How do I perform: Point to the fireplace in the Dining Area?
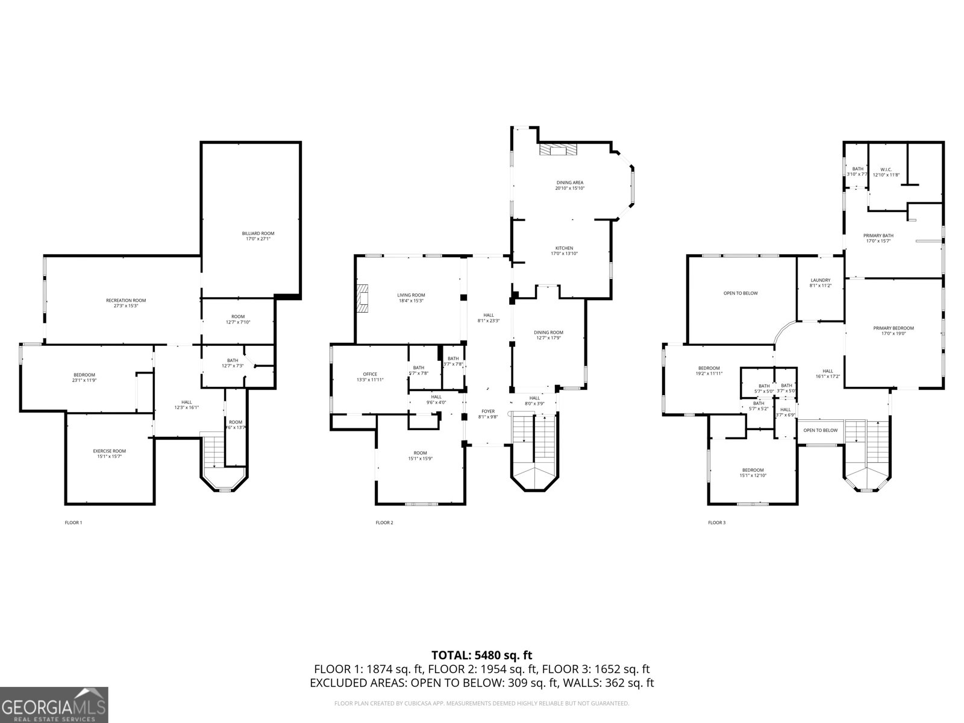tap(557, 149)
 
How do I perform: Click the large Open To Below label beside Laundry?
tap(740, 293)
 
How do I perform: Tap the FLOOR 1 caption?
tap(73, 522)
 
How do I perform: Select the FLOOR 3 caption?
tap(716, 522)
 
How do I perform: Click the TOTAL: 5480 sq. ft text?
tap(481, 655)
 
